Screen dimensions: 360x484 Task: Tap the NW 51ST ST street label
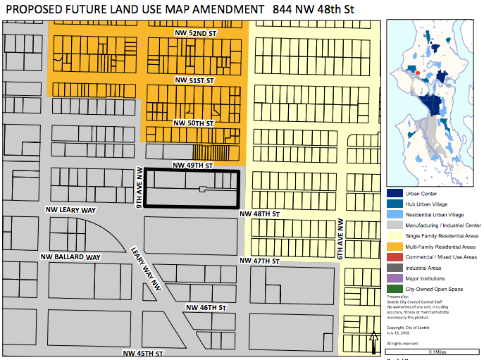[194, 81]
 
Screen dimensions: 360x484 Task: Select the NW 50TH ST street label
[194, 123]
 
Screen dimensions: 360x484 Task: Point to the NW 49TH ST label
[193, 166]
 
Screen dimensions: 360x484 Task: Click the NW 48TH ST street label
[260, 213]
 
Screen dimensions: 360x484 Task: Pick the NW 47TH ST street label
[260, 261]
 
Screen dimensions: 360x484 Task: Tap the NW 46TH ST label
[206, 308]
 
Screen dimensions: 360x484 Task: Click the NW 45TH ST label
[143, 353]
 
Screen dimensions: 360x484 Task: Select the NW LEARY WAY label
[70, 210]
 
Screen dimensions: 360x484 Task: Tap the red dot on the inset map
[417, 72]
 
